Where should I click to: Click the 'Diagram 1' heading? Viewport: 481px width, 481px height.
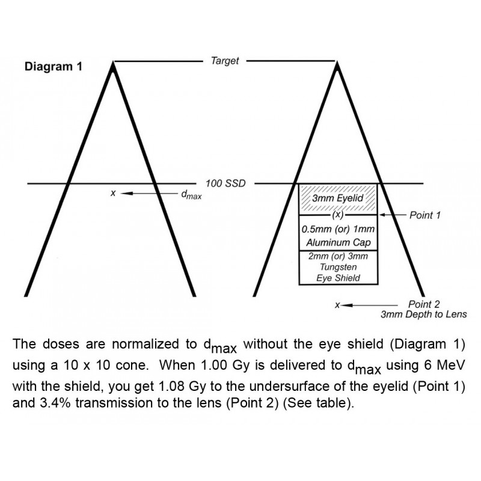[54, 67]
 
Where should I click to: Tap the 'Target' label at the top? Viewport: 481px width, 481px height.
[225, 61]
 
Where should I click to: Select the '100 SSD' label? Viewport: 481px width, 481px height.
[225, 183]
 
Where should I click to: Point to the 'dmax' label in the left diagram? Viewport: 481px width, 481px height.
[191, 194]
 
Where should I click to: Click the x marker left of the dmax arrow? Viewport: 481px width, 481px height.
[113, 193]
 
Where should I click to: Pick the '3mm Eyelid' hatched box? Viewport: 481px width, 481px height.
[338, 199]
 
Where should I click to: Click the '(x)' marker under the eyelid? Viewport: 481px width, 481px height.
[338, 215]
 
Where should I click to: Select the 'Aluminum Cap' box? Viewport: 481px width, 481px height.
[338, 233]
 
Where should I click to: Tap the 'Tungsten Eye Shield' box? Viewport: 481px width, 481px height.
[338, 268]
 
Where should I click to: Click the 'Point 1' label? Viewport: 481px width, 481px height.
[425, 215]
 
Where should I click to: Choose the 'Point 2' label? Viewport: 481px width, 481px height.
[424, 304]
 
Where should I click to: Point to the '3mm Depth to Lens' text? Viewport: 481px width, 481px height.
[424, 314]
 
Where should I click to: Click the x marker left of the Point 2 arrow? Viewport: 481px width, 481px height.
[337, 305]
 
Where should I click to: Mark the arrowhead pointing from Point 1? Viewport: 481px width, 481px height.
[383, 215]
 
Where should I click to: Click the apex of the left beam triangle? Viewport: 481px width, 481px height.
[113, 63]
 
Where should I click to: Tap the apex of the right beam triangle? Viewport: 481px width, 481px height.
[337, 63]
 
